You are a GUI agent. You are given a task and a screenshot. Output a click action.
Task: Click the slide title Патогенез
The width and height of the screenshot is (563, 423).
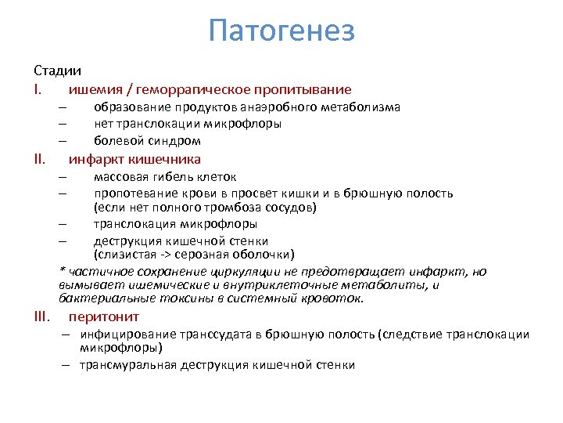281,31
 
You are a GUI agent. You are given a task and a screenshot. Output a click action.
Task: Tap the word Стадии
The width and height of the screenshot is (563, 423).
57,70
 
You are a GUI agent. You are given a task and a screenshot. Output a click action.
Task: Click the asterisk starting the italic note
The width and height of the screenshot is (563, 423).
62,270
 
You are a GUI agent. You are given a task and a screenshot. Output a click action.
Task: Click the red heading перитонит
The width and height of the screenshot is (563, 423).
104,316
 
